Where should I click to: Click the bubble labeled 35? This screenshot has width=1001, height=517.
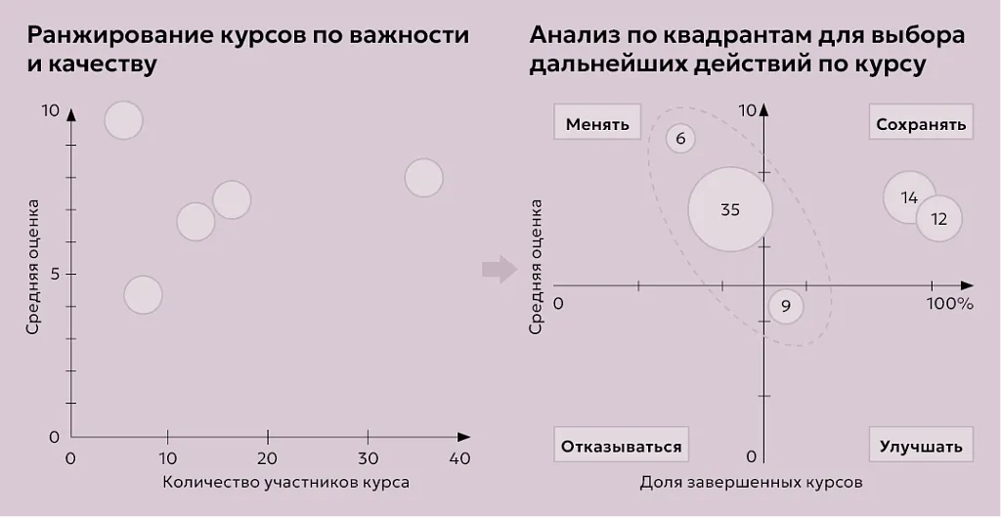tap(730, 209)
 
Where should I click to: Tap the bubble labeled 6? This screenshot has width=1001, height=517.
tap(680, 139)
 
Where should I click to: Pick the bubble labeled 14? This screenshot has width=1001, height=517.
tap(909, 197)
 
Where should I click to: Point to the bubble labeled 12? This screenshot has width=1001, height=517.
tap(938, 219)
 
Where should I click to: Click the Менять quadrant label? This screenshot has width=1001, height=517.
tap(597, 124)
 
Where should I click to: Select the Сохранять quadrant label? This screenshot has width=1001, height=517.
tap(921, 124)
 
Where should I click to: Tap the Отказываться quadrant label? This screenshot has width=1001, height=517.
tap(621, 447)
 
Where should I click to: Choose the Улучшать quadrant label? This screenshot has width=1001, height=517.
tap(921, 447)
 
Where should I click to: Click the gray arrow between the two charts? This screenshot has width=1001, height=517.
tap(500, 270)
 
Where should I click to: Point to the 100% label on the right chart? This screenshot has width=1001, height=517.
tap(949, 304)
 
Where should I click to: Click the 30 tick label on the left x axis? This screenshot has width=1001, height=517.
tap(368, 458)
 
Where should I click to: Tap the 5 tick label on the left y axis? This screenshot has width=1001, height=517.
tap(56, 274)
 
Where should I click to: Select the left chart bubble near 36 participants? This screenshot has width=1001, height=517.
tap(423, 178)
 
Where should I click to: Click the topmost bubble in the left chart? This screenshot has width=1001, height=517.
tap(124, 121)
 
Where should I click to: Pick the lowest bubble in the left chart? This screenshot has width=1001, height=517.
tap(143, 294)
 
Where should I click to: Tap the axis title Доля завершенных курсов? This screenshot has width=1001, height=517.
tap(752, 482)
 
